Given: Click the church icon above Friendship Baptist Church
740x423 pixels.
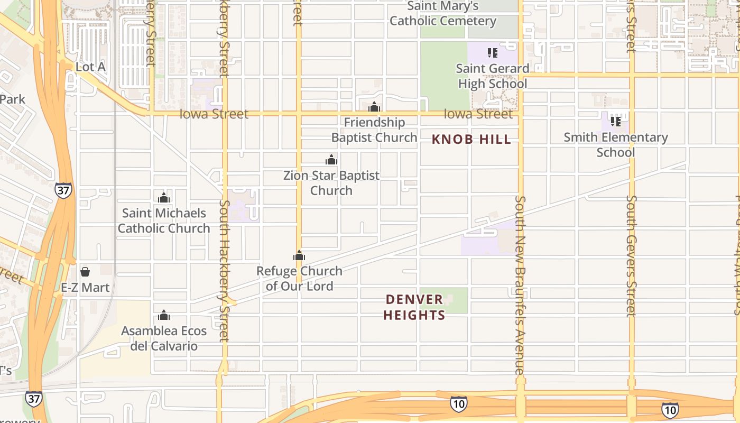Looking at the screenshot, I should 374,107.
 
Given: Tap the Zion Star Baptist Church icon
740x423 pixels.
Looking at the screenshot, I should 331,160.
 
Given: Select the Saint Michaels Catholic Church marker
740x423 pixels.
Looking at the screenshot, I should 164,198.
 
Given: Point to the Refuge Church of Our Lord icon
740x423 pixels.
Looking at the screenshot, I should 299,256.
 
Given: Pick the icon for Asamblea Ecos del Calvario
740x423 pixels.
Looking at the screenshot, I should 164,316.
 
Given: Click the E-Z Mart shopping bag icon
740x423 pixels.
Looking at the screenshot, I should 85,272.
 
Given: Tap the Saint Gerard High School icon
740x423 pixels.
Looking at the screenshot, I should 493,53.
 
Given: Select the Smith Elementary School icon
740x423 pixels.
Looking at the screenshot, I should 615,121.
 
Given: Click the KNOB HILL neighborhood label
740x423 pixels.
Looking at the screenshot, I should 471,140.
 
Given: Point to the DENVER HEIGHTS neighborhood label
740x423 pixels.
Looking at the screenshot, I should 414,307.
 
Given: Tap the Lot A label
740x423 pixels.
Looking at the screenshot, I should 90,67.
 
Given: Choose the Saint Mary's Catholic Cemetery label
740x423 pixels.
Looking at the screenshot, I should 443,14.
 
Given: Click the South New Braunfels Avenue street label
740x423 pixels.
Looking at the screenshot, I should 520,286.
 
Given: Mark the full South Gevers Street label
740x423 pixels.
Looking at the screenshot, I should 631,256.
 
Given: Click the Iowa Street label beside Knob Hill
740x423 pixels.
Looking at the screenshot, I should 478,114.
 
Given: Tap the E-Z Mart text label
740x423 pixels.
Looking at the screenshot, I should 85,288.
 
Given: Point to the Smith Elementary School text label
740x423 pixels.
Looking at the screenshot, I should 615,145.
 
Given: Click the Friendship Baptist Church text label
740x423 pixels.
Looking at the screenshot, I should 374,130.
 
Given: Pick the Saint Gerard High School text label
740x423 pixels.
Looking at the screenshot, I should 493,76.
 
